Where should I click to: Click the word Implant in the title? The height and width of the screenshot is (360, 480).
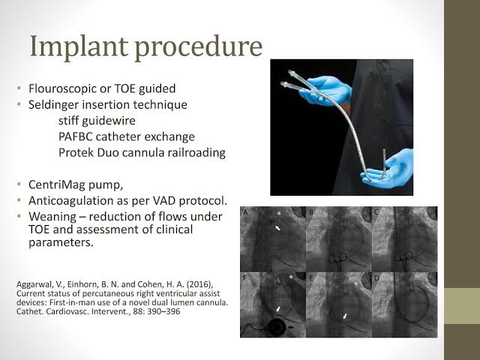click(x=79, y=46)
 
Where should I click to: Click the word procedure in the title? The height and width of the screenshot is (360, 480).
click(x=198, y=46)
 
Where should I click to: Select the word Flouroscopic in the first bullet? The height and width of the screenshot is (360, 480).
click(x=62, y=88)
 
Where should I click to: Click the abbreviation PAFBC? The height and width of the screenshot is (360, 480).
click(x=75, y=136)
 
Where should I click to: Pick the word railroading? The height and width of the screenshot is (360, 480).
click(x=195, y=152)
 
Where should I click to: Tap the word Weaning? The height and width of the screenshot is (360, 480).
click(x=52, y=217)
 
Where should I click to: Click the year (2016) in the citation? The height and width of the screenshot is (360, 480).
click(x=200, y=284)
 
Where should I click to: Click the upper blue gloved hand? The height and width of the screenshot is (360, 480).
click(x=328, y=90)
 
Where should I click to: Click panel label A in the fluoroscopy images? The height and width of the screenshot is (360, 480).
click(x=245, y=211)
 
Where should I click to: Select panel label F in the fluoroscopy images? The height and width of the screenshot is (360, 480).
click(x=245, y=278)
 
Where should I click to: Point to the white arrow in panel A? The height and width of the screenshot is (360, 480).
click(x=277, y=228)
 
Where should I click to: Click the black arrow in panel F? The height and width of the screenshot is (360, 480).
click(x=291, y=327)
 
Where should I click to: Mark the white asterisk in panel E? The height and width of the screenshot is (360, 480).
click(x=355, y=284)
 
